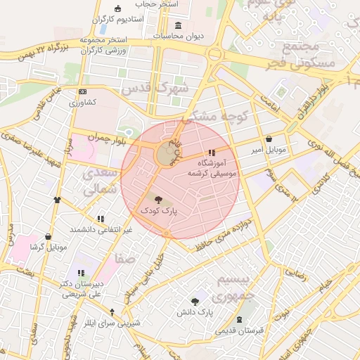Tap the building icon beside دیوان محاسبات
coord(176,25)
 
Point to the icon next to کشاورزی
coord(83,92)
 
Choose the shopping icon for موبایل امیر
coord(269,139)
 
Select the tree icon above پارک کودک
coord(157,200)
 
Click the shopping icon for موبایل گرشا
coord(48,236)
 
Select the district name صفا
coord(125,259)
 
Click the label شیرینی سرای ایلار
coord(112,323)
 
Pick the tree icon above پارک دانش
coord(195,301)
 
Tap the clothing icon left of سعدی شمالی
coord(57,200)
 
